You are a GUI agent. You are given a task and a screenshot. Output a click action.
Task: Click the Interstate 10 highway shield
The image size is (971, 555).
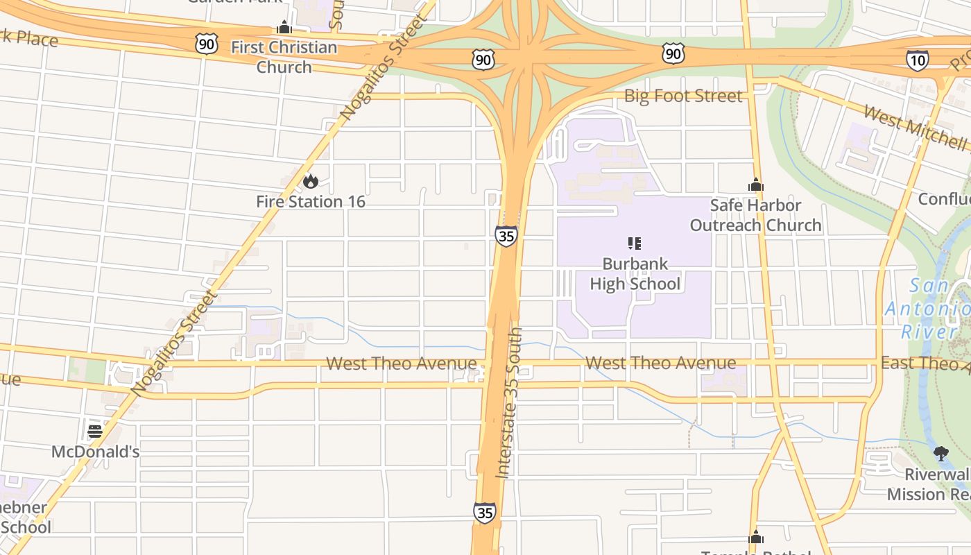pos(917,60)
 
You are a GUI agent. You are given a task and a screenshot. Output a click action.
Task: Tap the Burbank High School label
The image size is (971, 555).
pos(635,274)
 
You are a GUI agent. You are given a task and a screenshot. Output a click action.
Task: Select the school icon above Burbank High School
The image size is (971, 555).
pos(635,243)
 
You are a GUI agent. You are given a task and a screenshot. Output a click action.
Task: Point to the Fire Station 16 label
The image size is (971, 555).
pos(311,202)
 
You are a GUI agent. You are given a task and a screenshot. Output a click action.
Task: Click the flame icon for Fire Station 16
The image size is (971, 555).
pos(310,181)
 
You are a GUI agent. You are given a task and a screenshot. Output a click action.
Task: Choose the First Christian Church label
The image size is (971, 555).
pos(284,57)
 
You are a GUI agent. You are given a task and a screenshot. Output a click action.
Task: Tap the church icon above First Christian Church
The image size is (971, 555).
pos(284,28)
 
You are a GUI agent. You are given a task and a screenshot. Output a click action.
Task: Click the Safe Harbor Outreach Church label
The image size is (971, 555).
pos(755,215)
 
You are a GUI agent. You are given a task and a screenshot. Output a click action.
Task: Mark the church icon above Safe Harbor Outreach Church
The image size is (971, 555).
pos(755,185)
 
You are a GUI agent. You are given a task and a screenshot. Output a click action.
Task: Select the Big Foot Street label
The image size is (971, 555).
pos(683,96)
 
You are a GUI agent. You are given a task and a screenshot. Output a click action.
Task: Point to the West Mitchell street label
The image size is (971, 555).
pos(914,128)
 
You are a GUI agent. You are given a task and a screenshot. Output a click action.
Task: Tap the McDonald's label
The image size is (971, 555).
pos(96,452)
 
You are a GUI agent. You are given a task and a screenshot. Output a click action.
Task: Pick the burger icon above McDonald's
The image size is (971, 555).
pos(95,431)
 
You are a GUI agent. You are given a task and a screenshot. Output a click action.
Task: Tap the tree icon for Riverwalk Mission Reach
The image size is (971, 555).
pos(940,454)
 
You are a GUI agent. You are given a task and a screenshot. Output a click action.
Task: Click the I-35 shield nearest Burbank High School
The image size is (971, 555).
pos(506,236)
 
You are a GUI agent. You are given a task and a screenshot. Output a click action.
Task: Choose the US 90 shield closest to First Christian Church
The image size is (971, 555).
pos(207,44)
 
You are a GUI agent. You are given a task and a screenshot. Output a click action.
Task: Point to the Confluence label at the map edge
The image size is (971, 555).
pos(944,199)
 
